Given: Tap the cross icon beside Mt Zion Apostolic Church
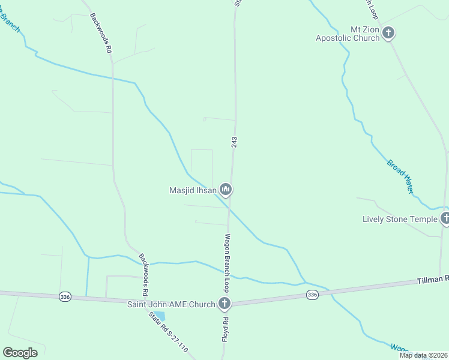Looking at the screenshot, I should (388, 33).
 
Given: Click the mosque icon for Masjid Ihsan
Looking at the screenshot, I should (225, 190).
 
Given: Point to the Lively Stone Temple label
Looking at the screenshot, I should (400, 219).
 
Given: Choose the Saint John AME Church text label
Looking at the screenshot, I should (170, 304).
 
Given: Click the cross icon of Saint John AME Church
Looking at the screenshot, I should (224, 304).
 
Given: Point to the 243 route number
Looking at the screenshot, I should (234, 142).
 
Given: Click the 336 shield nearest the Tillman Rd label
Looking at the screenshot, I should (312, 294).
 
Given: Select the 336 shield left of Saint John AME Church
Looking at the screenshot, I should (64, 296).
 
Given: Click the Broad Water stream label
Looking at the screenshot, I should (400, 175).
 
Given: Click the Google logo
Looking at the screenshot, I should (20, 353).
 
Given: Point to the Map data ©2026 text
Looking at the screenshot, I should (423, 355).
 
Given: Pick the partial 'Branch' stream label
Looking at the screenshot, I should (10, 22).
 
